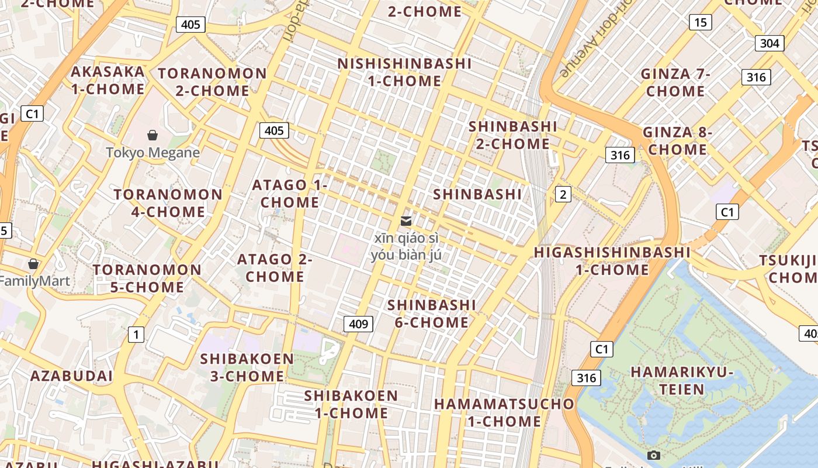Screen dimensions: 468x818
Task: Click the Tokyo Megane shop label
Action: point(153,153)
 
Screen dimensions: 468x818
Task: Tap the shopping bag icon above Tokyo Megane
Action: point(152,136)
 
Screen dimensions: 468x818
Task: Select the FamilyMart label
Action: point(35,281)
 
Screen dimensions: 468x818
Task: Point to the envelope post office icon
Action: point(406,221)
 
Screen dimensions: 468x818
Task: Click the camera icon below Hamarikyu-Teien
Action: point(654,455)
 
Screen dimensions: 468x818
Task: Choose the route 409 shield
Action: point(358,324)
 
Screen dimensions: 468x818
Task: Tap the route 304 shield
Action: point(770,43)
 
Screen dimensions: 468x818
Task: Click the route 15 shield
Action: point(700,23)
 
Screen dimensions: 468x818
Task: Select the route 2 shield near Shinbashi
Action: point(563,195)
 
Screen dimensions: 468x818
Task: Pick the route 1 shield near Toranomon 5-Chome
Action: point(136,335)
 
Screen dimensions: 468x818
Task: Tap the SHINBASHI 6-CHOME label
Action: point(432,314)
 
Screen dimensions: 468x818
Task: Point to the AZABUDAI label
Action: point(71,376)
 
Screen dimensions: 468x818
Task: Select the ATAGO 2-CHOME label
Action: point(275,267)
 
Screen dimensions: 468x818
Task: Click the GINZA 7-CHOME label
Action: point(675,82)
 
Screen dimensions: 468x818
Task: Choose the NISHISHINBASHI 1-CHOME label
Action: point(404,72)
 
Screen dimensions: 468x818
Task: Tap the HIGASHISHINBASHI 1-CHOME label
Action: point(612,261)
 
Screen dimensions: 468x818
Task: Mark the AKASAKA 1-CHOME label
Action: point(108,80)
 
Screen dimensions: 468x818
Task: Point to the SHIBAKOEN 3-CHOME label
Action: point(247,367)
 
